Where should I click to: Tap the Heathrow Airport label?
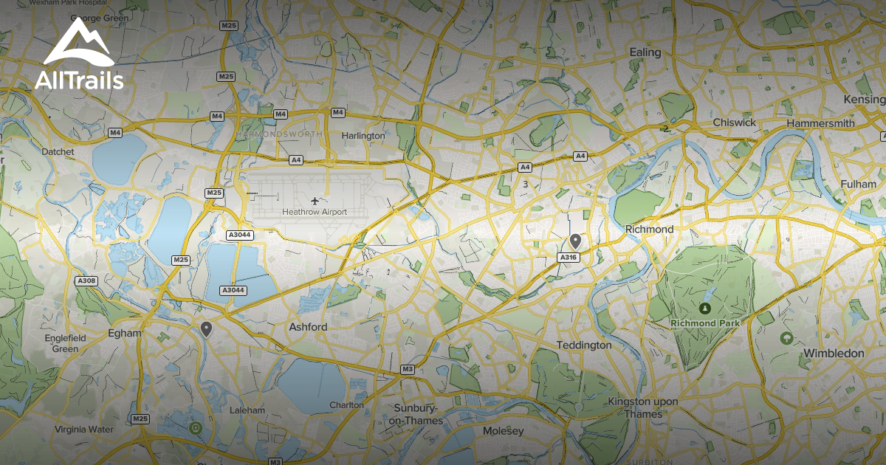point(314,212)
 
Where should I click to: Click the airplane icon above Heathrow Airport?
point(315,199)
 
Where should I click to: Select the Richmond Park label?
point(704,323)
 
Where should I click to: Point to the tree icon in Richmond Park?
point(704,308)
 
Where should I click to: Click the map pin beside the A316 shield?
point(575,241)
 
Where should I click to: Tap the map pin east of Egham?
point(206,328)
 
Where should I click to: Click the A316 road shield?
point(567,258)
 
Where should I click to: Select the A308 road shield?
point(86,280)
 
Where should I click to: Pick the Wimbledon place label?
point(833,354)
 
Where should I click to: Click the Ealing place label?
point(645,52)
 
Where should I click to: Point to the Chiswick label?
point(735,123)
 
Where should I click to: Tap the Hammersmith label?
point(820,123)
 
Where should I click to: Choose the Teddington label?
point(584,345)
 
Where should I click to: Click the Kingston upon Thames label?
point(633,407)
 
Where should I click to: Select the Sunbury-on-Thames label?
point(416,414)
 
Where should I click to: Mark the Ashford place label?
point(308,326)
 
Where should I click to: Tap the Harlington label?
point(363,136)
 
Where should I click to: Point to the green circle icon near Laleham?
point(195,427)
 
